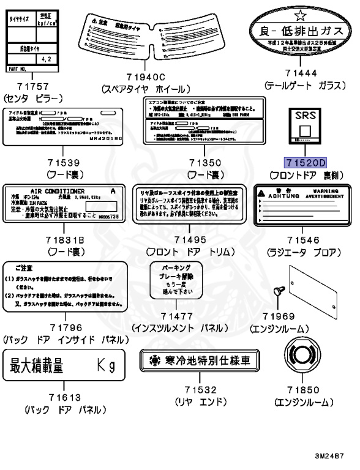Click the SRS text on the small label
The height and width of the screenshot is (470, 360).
[304, 116]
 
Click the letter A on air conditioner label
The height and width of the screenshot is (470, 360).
[111, 191]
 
